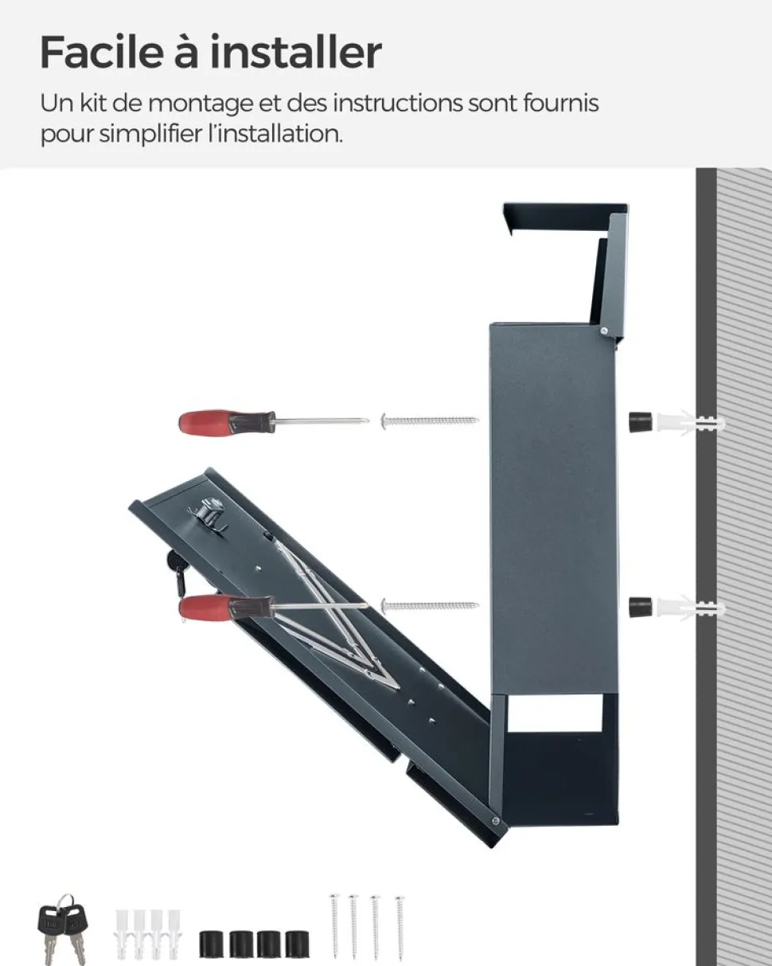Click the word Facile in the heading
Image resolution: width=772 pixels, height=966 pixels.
pos(102,53)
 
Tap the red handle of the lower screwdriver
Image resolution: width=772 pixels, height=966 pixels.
pos(205,608)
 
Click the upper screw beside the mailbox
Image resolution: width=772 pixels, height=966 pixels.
pos(430,421)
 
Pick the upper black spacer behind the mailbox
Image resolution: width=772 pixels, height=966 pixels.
pos(641,422)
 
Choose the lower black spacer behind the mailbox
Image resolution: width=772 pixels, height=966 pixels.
pos(641,607)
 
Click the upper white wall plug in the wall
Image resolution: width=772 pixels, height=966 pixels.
pos(690,422)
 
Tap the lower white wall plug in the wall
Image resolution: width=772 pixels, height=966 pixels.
pos(690,608)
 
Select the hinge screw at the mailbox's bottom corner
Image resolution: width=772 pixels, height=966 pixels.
pos(495,821)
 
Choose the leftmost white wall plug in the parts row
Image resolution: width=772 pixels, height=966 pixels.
pos(122,933)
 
